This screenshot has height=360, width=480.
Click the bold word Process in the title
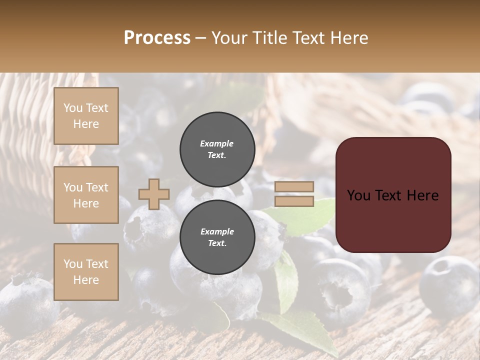157,38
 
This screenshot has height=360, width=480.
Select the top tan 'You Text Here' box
86,116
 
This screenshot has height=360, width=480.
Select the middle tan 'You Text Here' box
86,195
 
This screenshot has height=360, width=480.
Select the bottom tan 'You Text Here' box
86,271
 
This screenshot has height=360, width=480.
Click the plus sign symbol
154,194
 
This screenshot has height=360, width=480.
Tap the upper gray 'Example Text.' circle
217,149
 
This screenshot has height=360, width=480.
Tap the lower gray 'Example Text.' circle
217,237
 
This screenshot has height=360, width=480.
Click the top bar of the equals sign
294,187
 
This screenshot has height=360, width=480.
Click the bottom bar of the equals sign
294,201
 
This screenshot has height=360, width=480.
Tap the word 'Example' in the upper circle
217,143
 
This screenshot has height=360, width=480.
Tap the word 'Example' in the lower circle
217,231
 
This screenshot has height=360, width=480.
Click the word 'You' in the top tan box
73,108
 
